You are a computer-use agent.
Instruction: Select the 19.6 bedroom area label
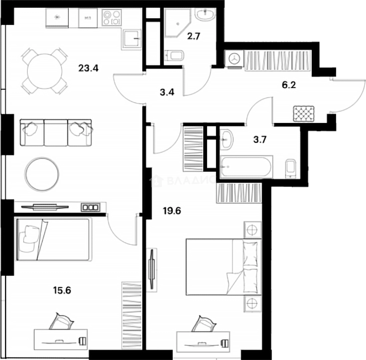coord(172,211)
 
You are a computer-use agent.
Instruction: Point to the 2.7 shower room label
coord(193,36)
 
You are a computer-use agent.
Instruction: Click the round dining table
coord(45,71)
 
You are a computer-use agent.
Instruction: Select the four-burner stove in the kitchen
coord(111,18)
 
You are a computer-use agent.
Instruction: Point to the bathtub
coord(246,166)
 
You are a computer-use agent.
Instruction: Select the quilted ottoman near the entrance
coord(304,114)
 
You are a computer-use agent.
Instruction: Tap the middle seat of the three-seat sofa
coord(56,133)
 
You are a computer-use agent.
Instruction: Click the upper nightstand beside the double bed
coord(252,230)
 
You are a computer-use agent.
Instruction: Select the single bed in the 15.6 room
coord(53,239)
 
